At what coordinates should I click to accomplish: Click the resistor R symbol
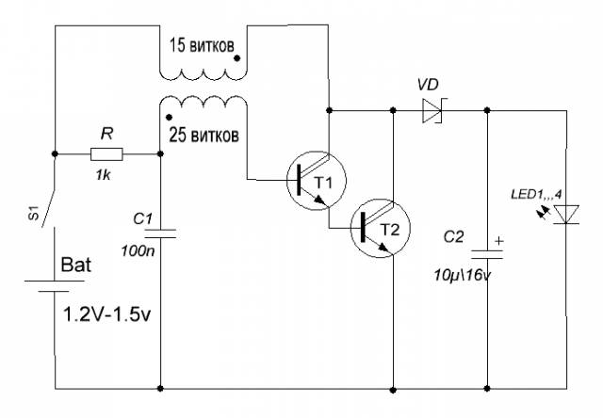point(106,154)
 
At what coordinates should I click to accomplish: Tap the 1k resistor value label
point(103,175)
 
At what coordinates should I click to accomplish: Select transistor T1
point(317,180)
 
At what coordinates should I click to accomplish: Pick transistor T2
point(381,228)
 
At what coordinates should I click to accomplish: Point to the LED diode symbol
point(566,215)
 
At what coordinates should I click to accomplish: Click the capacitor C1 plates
point(160,233)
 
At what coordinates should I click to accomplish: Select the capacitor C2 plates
point(487,254)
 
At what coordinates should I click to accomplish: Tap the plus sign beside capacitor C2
point(498,241)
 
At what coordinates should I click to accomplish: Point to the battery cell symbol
point(55,286)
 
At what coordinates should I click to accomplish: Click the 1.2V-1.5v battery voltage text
point(106,314)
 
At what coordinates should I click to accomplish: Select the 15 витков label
point(202,46)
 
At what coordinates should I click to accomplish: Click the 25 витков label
point(204,135)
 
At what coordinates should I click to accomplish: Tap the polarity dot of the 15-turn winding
point(237,58)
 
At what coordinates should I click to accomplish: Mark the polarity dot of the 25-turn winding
point(168,117)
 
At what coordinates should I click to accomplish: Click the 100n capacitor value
point(139,251)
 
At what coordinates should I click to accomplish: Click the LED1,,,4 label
point(536,194)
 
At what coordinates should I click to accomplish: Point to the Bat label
point(76,265)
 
